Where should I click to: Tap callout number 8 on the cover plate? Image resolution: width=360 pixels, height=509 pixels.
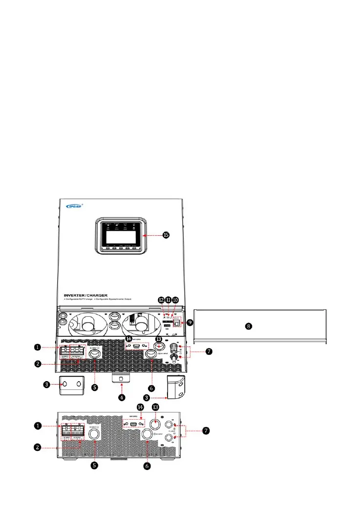click(249, 326)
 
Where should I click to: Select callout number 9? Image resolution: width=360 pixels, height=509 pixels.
click(191, 323)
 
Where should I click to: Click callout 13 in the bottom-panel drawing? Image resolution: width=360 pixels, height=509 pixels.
click(156, 407)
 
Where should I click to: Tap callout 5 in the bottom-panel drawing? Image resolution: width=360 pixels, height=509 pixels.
click(96, 466)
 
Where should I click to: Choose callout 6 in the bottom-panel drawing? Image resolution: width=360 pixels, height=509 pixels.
click(147, 466)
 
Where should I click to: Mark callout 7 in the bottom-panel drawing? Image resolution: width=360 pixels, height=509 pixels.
click(206, 431)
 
